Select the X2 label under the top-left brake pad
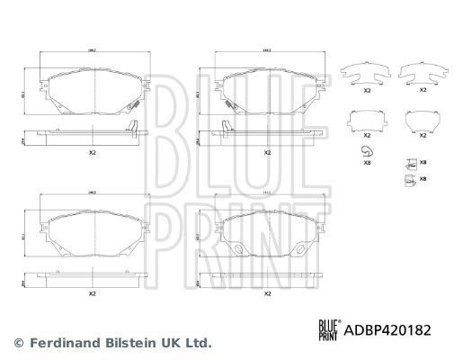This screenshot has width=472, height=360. pos(94,153)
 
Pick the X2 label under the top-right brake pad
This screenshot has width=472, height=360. pos(266,153)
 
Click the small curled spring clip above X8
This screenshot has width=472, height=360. pos(365,150)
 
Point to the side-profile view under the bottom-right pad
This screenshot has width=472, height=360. pos(266,275)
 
